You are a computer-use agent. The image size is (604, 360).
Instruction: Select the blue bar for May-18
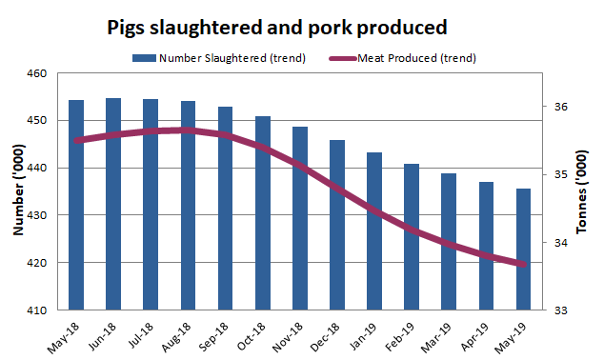click(x=76, y=205)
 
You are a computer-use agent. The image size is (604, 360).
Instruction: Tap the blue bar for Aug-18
click(x=189, y=205)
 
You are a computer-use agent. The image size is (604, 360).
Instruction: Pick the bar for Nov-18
click(x=300, y=218)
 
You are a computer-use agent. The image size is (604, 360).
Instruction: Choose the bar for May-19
click(x=523, y=249)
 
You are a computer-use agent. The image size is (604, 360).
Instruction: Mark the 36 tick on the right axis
click(x=561, y=107)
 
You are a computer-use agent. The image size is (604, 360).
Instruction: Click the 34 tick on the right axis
click(x=561, y=243)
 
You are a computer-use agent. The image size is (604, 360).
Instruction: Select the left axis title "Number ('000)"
click(x=17, y=190)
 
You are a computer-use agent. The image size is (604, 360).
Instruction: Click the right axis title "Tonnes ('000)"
click(x=584, y=190)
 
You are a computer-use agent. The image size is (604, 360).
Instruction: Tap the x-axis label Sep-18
click(x=217, y=334)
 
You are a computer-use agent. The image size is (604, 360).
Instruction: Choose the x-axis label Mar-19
click(x=440, y=334)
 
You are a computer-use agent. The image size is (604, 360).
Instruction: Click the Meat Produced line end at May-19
click(x=523, y=265)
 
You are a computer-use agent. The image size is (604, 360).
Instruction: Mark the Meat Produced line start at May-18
click(x=76, y=141)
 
